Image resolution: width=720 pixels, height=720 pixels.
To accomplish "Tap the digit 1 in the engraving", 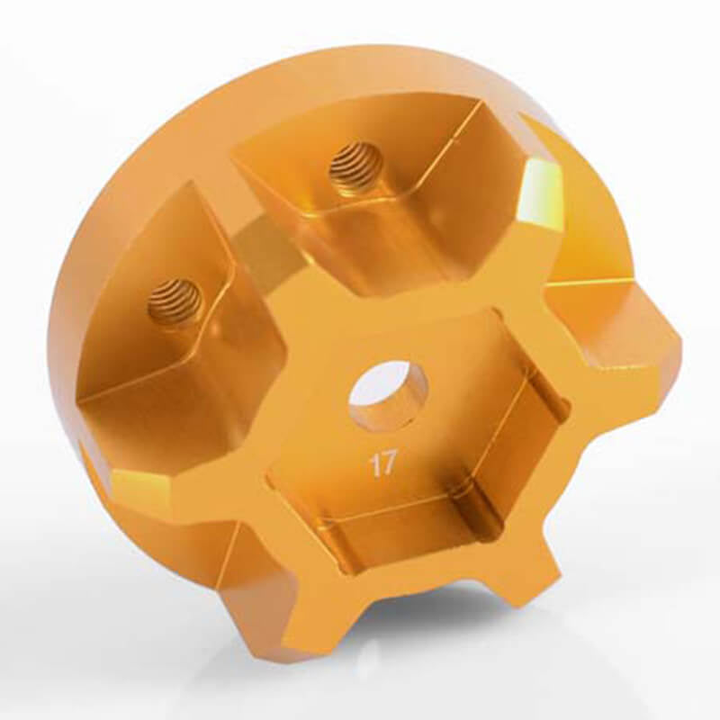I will pyautogui.click(x=372, y=464).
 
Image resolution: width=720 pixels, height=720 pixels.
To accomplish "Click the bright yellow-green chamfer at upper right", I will pyautogui.click(x=540, y=193).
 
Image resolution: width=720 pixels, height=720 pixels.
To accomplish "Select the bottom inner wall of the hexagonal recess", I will pyautogui.click(x=405, y=540).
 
